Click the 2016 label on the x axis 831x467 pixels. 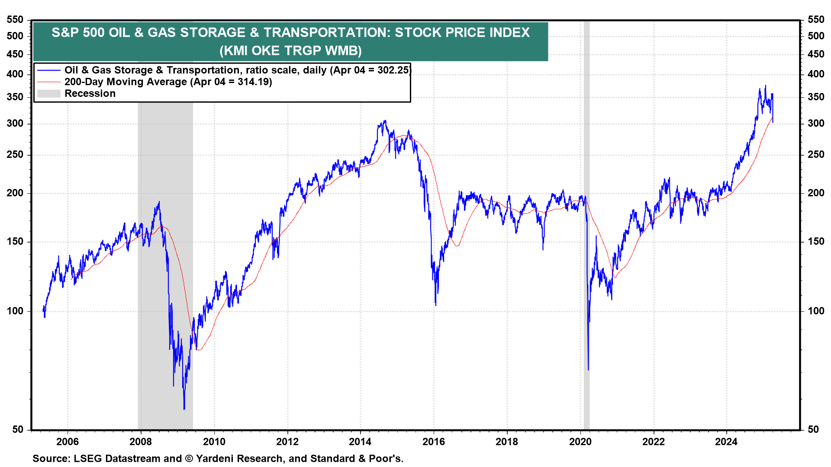pos(433,441)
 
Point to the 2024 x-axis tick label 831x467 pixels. pos(726,441)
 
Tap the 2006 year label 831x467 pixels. pos(68,441)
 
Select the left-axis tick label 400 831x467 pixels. pos(15,74)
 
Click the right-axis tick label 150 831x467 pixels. pos(816,241)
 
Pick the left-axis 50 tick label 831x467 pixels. pos(18,429)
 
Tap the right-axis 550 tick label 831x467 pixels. pos(816,19)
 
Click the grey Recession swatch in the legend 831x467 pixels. pos(48,93)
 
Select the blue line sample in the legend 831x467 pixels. pos(48,70)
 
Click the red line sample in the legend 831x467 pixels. pos(48,82)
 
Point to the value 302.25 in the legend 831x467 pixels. pos(393,70)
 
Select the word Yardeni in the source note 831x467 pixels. pos(215,458)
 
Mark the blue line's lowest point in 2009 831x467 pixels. pos(184,409)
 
